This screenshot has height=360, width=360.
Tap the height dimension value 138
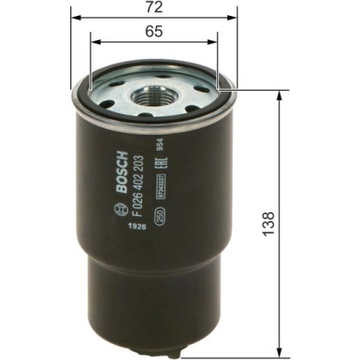click(269, 223)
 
